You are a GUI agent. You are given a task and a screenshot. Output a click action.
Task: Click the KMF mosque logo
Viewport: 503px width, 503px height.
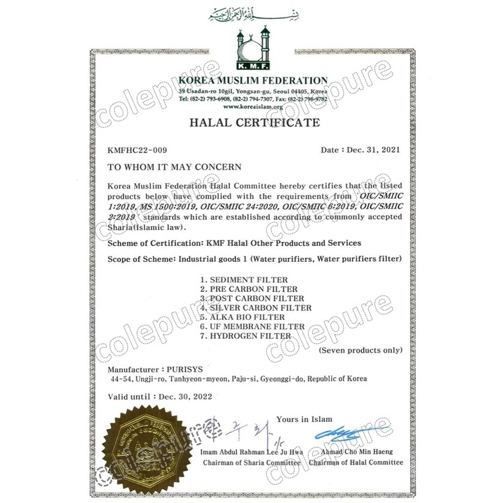coord(251,49)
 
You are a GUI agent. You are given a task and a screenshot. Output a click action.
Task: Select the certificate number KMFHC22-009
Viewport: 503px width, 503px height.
coord(138,150)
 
